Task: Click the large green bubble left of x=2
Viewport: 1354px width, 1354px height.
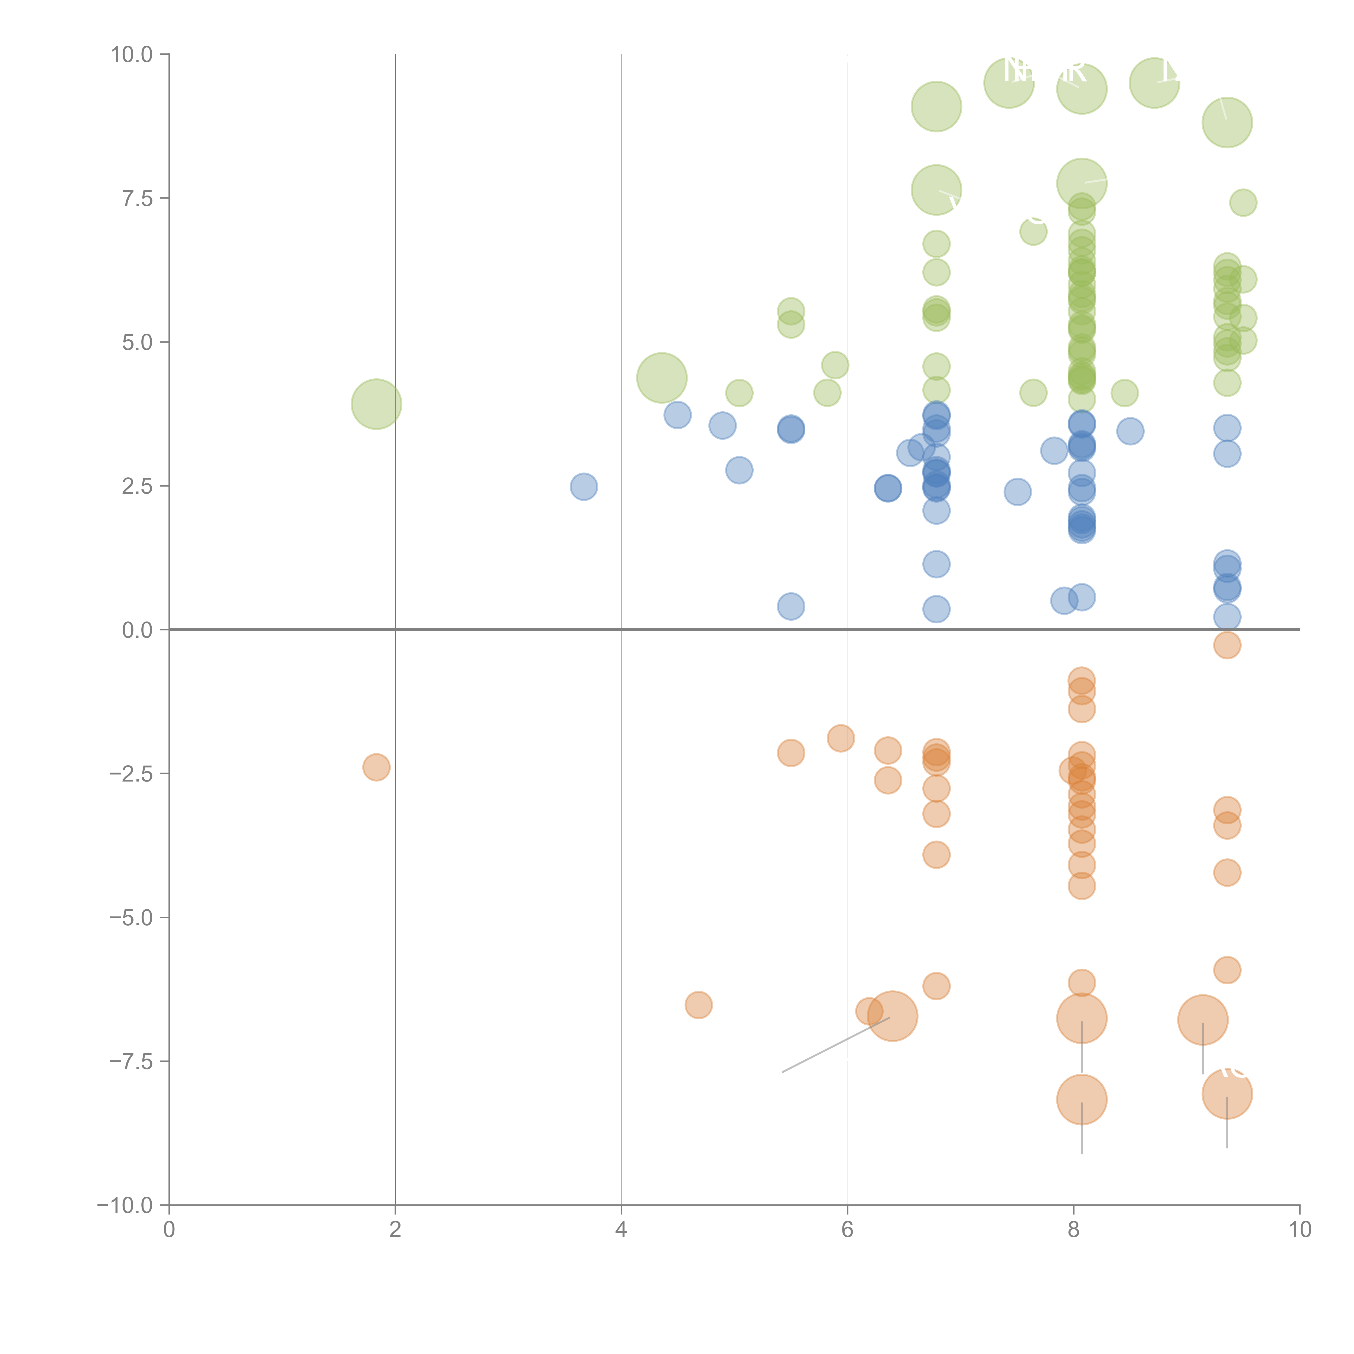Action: tap(376, 404)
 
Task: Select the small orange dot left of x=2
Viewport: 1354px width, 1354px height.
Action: tap(376, 767)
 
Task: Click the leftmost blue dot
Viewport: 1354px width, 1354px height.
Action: tap(584, 486)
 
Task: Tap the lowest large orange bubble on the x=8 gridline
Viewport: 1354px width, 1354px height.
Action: tap(1081, 1100)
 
